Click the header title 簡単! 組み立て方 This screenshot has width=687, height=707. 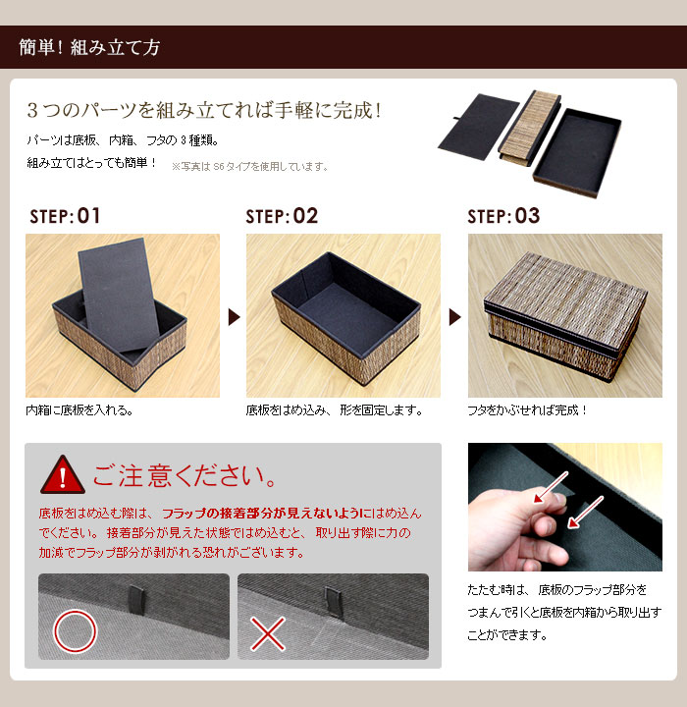click(x=90, y=47)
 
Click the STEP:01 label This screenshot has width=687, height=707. click(x=65, y=216)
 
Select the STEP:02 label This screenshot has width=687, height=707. click(x=282, y=216)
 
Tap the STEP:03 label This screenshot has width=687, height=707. click(x=503, y=216)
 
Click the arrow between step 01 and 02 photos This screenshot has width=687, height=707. click(x=234, y=317)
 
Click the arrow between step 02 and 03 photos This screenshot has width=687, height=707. click(x=454, y=317)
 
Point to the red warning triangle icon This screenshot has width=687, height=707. click(x=61, y=474)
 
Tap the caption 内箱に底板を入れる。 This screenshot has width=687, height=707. click(x=79, y=410)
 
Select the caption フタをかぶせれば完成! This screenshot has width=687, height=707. click(x=528, y=410)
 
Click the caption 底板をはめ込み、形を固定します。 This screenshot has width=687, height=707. click(x=334, y=410)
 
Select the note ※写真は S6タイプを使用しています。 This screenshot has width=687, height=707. click(x=249, y=167)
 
